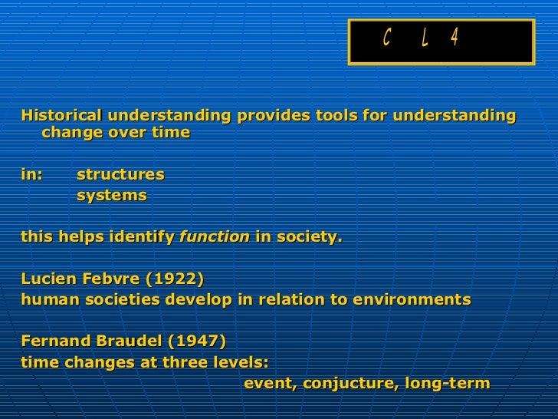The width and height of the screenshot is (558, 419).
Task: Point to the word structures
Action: click(x=120, y=174)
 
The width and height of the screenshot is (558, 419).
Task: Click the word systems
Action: click(x=111, y=196)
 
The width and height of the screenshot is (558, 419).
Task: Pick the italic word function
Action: click(x=214, y=237)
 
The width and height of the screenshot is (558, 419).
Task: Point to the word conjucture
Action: click(x=346, y=383)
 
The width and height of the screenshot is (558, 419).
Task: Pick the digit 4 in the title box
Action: click(x=455, y=38)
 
